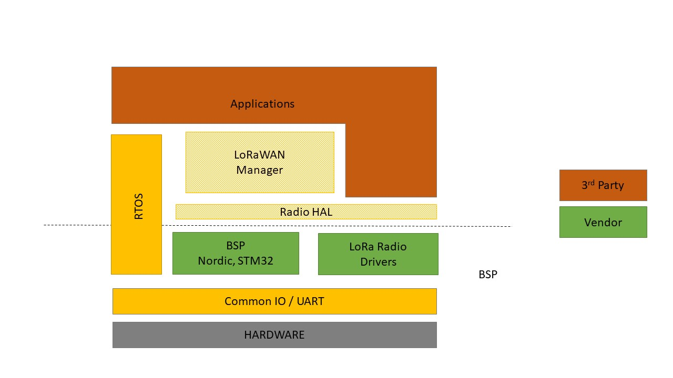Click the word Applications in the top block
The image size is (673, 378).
[262, 104]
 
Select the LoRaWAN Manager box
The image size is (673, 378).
[260, 162]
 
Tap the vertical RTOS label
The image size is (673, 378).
[139, 206]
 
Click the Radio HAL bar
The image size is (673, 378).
[306, 212]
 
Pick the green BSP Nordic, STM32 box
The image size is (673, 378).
[236, 253]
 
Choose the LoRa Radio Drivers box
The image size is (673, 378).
[378, 254]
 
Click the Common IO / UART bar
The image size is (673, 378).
[274, 301]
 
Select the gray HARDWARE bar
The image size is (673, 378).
[274, 335]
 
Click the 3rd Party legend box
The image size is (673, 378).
[603, 185]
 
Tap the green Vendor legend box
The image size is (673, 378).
[603, 222]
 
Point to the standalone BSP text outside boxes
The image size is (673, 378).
[487, 275]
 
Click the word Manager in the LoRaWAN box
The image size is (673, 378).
[260, 170]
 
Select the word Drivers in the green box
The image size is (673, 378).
[378, 261]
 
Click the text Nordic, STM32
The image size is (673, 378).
[236, 261]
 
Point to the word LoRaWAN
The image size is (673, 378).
[260, 155]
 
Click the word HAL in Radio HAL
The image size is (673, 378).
[321, 212]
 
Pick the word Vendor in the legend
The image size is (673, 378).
[603, 223]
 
